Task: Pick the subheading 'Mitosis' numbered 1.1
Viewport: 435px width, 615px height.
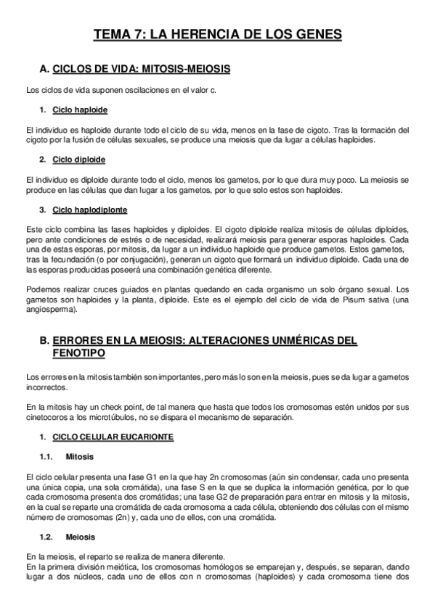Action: [x=79, y=457]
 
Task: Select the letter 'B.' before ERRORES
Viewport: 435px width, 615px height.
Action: [x=44, y=340]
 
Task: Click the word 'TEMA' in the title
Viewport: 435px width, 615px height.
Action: [x=116, y=34]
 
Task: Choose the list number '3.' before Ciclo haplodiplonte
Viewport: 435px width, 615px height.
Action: [x=44, y=210]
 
